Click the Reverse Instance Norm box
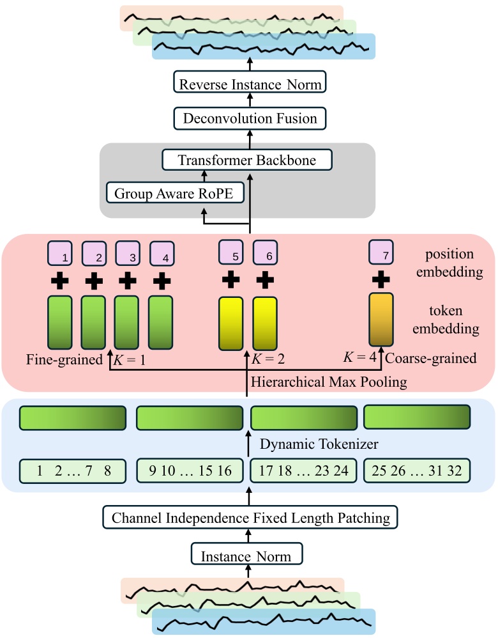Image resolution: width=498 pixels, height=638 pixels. pos(250,84)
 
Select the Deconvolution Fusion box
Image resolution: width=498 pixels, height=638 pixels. pos(250,118)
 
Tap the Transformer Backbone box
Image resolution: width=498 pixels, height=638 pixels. pos(247,160)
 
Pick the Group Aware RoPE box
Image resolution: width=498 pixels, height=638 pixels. pos(176,192)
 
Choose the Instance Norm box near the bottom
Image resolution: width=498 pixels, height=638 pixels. pos(246,556)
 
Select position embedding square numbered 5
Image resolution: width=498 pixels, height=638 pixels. pos(231,254)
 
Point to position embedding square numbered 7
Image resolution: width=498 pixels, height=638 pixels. pos(381,254)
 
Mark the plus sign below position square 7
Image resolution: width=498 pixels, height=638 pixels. pos(381,279)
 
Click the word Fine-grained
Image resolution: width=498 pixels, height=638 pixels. pos(64,359)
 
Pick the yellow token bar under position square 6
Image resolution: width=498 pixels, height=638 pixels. pos(265,324)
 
